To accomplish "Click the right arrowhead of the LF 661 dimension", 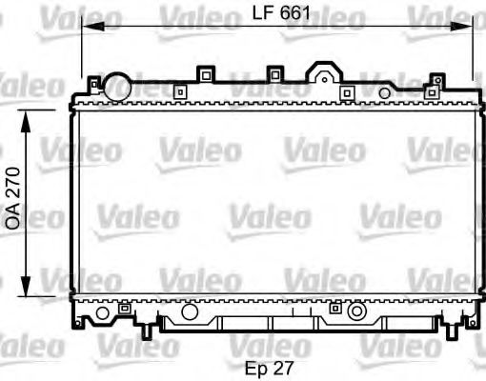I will [x=469, y=27].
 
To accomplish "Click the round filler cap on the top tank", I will [x=117, y=85].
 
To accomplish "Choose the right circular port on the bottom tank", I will [x=356, y=311].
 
